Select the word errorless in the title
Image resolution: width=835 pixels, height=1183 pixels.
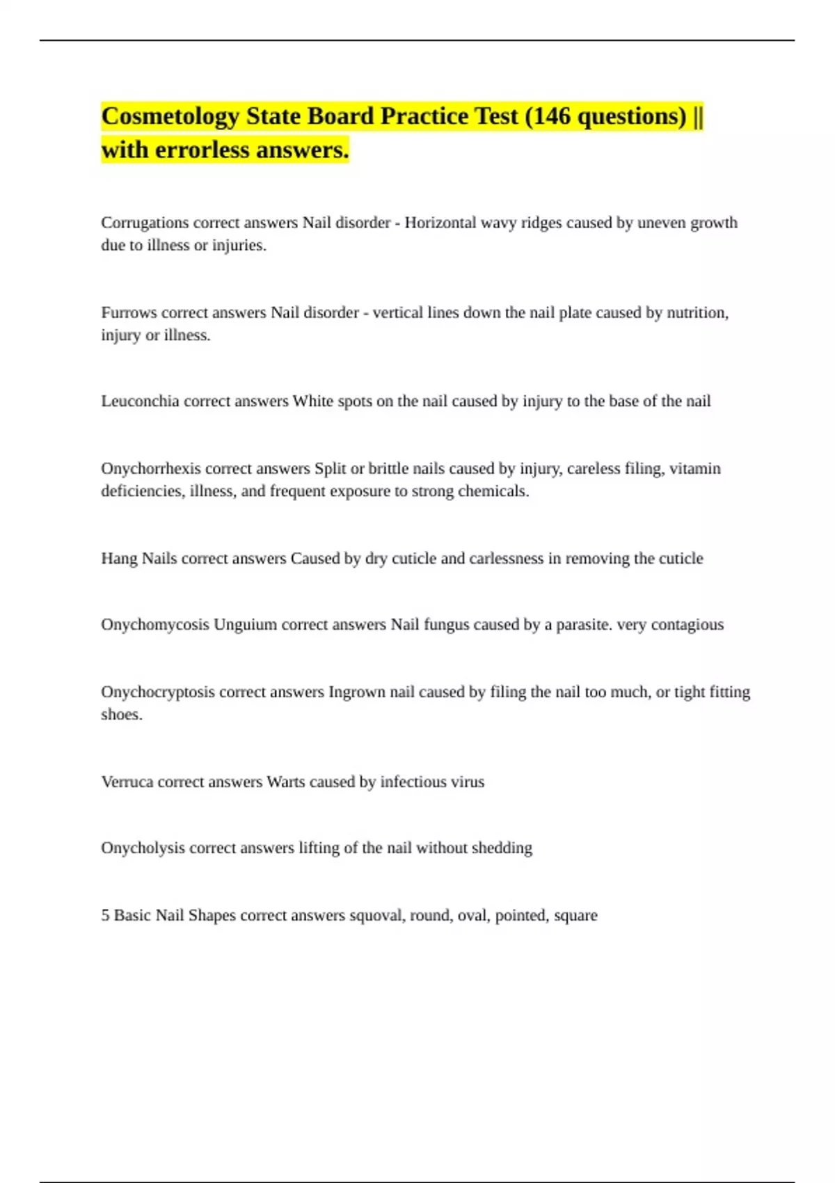(202, 150)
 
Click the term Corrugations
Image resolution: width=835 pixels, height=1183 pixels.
(145, 223)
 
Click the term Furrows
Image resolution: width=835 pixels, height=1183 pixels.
(129, 312)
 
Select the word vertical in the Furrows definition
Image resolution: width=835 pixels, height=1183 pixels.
(397, 312)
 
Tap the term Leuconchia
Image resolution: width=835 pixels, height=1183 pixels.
(140, 401)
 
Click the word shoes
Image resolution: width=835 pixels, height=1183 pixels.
(121, 714)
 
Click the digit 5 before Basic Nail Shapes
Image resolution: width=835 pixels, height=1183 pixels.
(105, 915)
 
